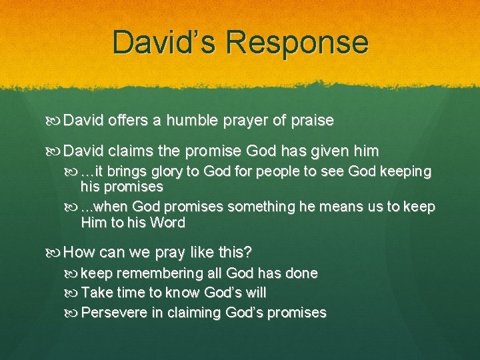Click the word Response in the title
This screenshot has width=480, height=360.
click(297, 42)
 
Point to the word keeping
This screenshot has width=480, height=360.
click(405, 171)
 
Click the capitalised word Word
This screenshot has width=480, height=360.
click(168, 223)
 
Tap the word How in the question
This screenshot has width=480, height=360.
click(80, 253)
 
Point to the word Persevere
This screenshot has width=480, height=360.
click(114, 312)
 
